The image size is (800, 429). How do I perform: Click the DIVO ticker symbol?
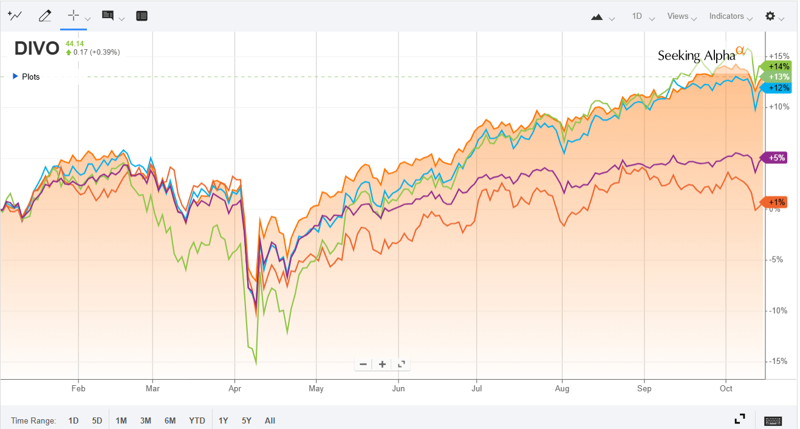click(37, 48)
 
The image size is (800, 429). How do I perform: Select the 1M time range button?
click(121, 420)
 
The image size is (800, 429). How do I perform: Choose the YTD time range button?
click(197, 420)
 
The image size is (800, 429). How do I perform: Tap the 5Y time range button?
click(246, 420)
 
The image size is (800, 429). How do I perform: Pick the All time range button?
click(270, 420)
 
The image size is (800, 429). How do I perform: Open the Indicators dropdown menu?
click(730, 16)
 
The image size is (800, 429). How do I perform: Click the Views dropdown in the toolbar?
click(681, 16)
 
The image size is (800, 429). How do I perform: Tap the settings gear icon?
click(770, 16)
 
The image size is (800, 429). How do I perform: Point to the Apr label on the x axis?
click(234, 388)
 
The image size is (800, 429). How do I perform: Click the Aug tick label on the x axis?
click(562, 388)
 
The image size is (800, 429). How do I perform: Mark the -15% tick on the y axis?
click(779, 361)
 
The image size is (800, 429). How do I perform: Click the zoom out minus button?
click(363, 364)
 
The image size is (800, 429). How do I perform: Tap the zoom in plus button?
click(382, 364)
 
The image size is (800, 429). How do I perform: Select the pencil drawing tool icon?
click(44, 16)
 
